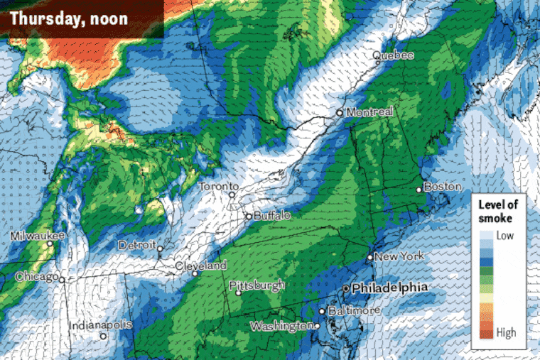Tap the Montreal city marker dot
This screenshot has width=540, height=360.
[x=340, y=112]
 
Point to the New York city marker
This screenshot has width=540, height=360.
[x=370, y=257]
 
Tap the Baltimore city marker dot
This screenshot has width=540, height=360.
[x=322, y=311]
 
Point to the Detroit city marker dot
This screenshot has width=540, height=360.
[x=161, y=249]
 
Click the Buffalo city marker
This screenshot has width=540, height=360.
[x=248, y=216]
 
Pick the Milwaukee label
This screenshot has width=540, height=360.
[x=38, y=236]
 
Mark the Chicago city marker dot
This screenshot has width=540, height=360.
[x=63, y=280]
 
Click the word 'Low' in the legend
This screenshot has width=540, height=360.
[x=506, y=235]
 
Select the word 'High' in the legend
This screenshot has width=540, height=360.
[x=507, y=332]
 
